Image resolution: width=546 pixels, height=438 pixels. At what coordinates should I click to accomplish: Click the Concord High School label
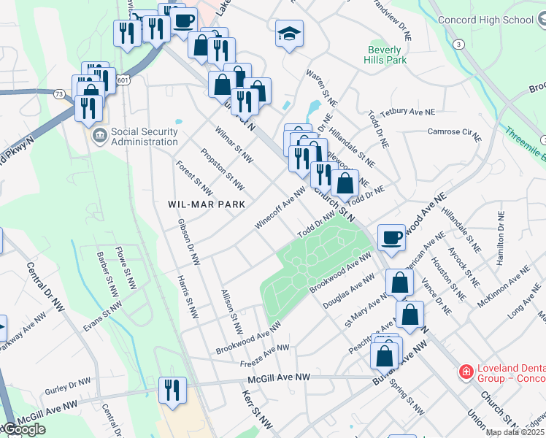485,20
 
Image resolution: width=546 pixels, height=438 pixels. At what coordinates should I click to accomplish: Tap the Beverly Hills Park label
386,55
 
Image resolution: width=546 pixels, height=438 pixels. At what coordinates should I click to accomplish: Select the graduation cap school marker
289,34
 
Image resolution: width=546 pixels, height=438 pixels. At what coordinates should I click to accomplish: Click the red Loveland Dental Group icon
465,372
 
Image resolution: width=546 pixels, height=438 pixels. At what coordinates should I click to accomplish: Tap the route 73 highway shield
58,93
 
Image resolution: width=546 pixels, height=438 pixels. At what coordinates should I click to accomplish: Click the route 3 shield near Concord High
458,45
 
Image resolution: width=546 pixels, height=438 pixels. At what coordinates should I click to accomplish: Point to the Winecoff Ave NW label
280,209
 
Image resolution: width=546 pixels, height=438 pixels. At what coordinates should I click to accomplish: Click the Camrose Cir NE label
454,134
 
